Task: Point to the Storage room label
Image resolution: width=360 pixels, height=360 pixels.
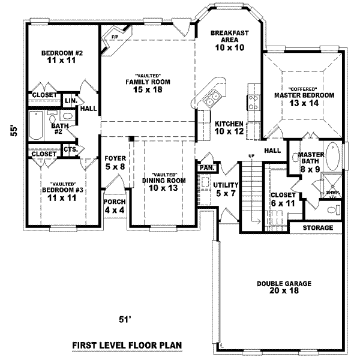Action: point(317,228)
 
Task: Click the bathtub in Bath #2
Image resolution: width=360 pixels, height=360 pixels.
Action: point(33,128)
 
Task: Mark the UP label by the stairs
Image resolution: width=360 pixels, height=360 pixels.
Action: point(251,157)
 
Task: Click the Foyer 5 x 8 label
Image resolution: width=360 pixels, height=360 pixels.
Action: point(114,163)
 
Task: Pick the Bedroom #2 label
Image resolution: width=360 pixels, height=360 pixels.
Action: point(61,58)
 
